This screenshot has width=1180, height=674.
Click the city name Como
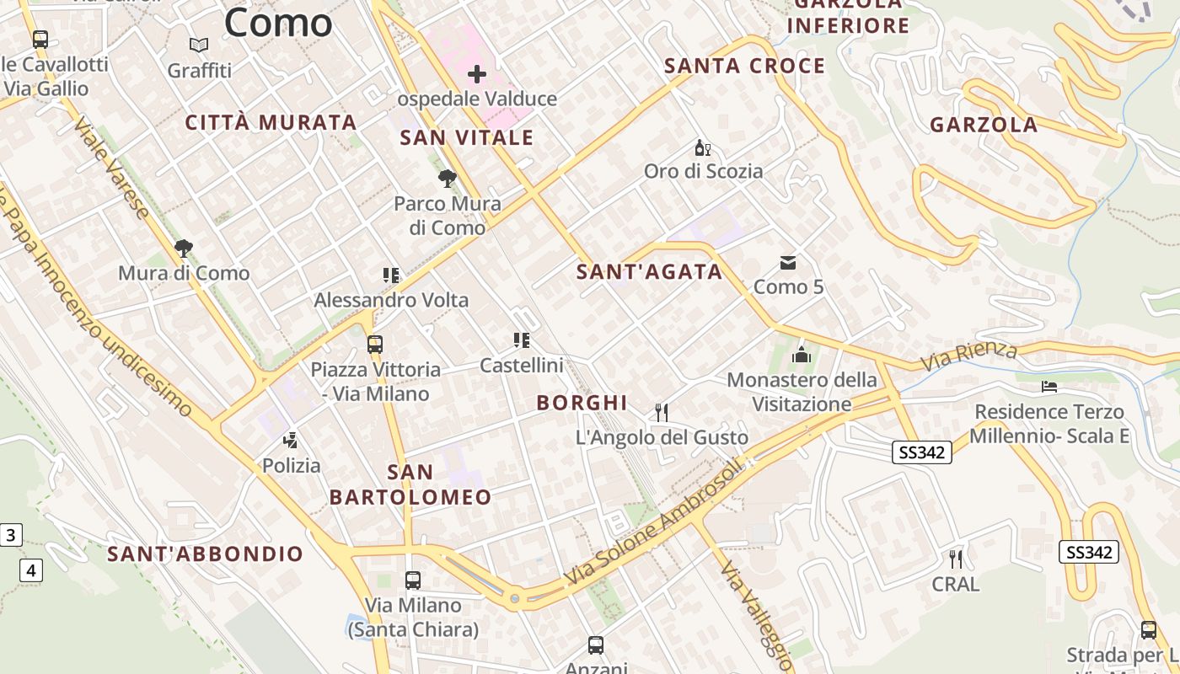tap(278, 23)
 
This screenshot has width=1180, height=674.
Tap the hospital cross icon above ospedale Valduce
tap(477, 74)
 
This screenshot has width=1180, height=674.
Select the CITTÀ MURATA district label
tap(271, 122)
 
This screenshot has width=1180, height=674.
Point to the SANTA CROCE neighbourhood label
tap(745, 66)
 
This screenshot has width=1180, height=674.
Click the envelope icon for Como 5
tap(788, 263)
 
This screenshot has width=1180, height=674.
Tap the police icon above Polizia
tap(291, 440)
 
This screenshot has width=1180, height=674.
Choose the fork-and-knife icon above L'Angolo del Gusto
tap(662, 412)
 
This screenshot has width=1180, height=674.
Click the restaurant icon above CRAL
tap(956, 559)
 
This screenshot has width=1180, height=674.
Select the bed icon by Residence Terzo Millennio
tap(1049, 387)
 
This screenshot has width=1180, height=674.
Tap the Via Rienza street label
tap(969, 356)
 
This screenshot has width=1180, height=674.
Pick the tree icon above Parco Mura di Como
tap(448, 179)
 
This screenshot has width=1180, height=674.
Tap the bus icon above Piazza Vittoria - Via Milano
tap(375, 345)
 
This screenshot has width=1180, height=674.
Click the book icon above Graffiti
tap(199, 45)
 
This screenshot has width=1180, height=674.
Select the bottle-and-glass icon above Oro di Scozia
tap(702, 148)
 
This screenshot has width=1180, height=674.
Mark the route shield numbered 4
tap(31, 570)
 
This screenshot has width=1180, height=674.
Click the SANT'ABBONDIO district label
tap(206, 554)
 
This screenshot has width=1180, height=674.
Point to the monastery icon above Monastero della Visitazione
tap(802, 355)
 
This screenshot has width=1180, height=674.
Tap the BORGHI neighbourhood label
tap(582, 403)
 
